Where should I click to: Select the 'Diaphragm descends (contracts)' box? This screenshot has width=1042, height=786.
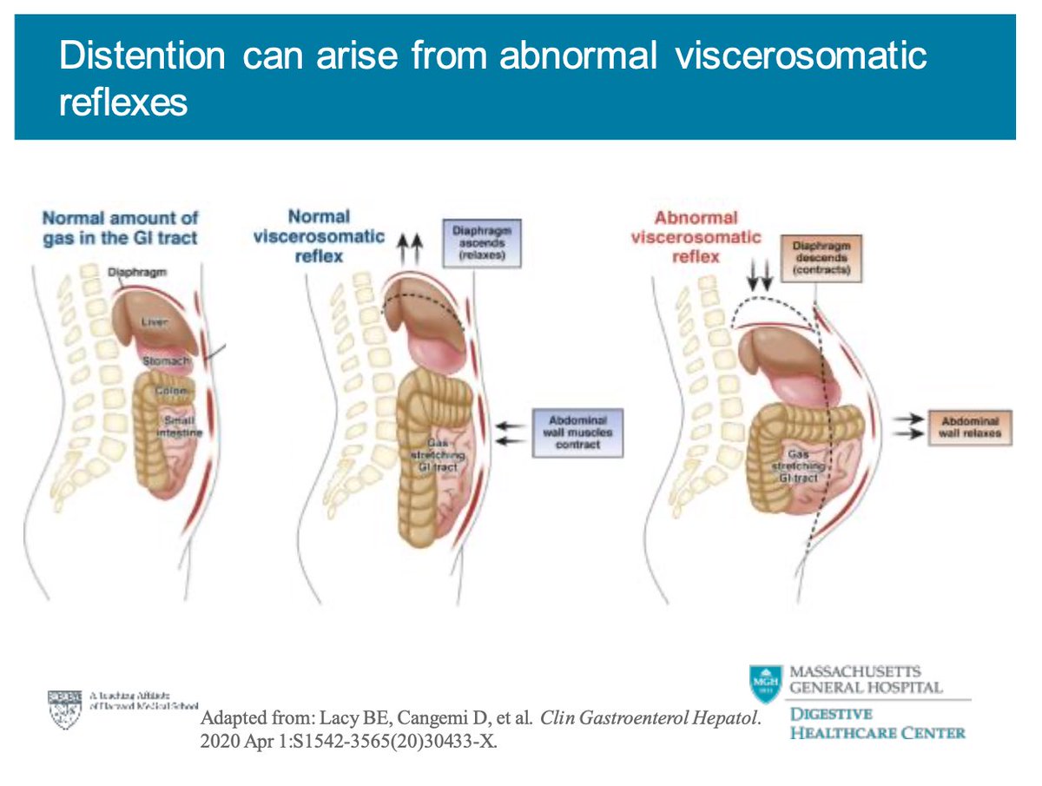[817, 258]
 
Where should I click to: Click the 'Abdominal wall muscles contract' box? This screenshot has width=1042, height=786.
[577, 432]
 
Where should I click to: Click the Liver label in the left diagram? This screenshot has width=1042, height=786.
[154, 322]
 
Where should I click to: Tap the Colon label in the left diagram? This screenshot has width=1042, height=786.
[168, 391]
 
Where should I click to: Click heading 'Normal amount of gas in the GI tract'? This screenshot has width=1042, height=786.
[120, 228]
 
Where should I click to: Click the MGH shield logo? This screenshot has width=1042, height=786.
[766, 684]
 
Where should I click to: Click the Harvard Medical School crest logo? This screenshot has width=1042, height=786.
[64, 707]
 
